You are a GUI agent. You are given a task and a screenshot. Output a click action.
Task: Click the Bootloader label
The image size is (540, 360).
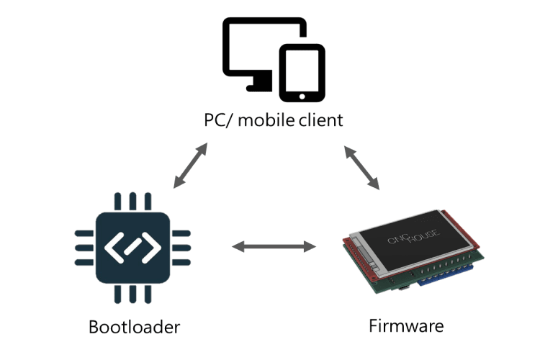click(134, 328)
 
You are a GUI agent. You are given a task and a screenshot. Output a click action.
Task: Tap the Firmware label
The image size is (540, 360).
click(406, 325)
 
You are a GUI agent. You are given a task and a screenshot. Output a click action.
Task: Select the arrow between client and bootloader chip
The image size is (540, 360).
click(190, 166)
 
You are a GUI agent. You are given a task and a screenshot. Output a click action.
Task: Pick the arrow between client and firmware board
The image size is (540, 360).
click(361, 168)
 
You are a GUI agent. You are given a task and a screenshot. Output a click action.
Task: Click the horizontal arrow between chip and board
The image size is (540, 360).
click(274, 248)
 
